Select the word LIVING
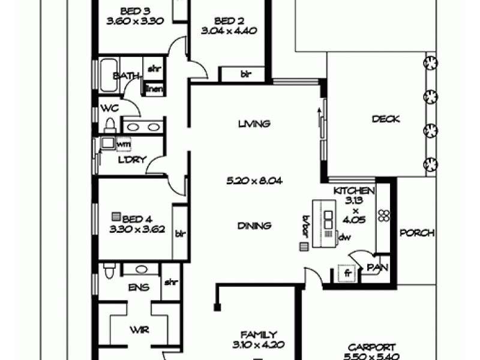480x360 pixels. [x=254, y=124]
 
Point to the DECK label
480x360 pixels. [x=386, y=119]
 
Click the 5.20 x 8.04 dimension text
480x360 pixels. [x=251, y=180]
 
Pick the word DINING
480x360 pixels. [x=254, y=226]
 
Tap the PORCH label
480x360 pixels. [x=417, y=233]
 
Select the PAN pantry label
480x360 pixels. [x=374, y=267]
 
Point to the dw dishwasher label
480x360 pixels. [x=344, y=237]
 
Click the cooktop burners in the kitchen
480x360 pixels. [x=384, y=217]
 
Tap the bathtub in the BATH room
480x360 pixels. [x=109, y=75]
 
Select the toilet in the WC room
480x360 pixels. [x=110, y=124]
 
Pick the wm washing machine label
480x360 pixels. [x=124, y=144]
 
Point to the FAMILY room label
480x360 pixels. [x=259, y=335]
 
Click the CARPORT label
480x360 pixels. [x=371, y=347]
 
